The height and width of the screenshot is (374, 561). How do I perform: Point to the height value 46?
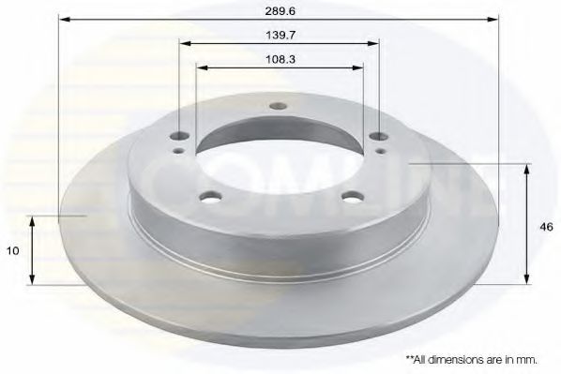click(x=543, y=226)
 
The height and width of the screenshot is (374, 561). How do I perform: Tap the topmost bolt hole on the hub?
click(x=276, y=105)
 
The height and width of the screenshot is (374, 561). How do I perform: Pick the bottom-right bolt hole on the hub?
click(x=352, y=195)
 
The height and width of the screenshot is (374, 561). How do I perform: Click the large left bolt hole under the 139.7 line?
click(x=179, y=138)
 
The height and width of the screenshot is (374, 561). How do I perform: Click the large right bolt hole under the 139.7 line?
click(x=376, y=137)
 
